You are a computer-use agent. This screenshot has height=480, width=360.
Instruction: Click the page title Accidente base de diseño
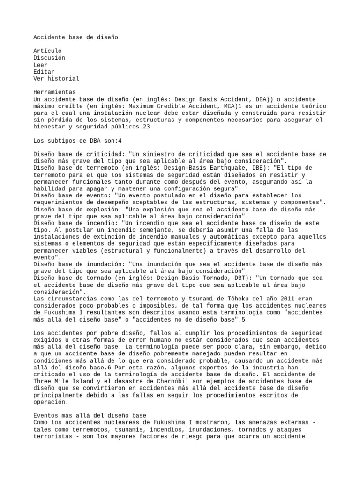click(x=75, y=37)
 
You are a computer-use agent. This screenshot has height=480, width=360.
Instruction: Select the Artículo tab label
click(x=47, y=51)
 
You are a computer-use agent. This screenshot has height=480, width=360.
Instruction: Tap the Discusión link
click(x=49, y=58)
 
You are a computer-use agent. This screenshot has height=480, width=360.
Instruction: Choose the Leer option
click(x=40, y=65)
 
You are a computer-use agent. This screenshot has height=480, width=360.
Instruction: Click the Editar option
click(x=44, y=72)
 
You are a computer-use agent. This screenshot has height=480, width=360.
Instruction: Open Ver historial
click(x=57, y=79)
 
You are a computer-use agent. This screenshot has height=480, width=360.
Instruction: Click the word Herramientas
click(x=55, y=92)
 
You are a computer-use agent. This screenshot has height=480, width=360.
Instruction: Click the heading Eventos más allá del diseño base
click(x=90, y=416)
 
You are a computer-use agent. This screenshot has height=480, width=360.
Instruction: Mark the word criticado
click(x=51, y=375)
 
